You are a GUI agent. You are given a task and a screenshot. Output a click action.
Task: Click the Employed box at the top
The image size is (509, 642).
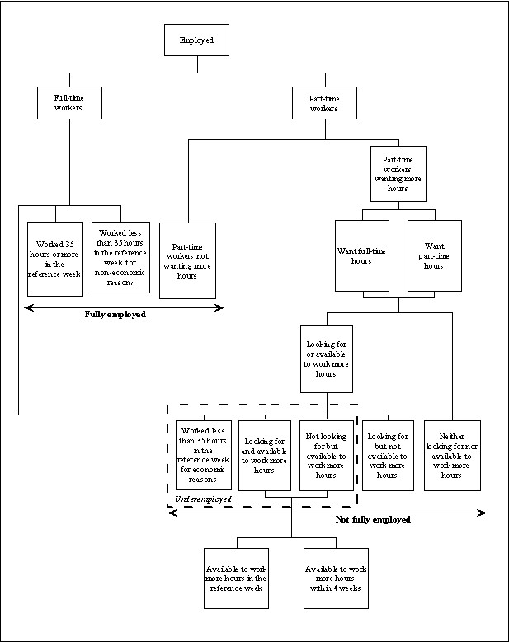pos(196,40)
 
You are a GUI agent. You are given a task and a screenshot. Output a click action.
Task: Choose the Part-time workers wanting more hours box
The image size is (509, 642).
pos(398,175)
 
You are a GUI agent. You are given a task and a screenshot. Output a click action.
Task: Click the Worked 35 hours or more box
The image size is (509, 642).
pos(55,259)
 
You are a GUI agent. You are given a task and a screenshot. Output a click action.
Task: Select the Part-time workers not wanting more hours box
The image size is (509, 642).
pos(187,260)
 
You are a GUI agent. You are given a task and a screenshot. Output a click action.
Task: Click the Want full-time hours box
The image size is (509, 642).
pos(361,255)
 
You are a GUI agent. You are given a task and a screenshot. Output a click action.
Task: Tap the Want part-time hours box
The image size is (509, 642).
pos(434,255)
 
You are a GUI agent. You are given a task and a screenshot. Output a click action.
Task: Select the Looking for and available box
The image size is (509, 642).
pos(265,455)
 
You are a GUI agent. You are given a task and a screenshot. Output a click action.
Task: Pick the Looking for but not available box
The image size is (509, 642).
pos(388,455)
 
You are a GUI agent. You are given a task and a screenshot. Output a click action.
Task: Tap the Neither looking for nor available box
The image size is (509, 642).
pos(452,455)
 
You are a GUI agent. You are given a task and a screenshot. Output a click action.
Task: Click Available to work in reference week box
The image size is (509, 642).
pos(237,578)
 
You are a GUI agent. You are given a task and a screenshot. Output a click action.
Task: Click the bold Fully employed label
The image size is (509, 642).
pos(115,314)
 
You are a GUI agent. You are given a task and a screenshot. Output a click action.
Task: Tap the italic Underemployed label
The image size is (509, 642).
pos(203,499)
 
